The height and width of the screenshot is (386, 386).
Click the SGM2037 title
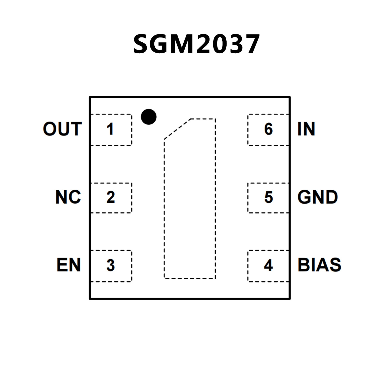click(x=196, y=44)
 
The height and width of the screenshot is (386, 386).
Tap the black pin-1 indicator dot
click(x=149, y=117)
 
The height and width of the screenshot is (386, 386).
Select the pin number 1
click(x=110, y=129)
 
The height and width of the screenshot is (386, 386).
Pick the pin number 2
click(x=111, y=197)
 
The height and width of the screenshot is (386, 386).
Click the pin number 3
click(x=111, y=265)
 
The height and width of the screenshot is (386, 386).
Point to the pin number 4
click(x=268, y=265)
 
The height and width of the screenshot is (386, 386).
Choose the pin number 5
click(x=269, y=197)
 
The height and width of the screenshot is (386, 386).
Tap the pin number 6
click(x=269, y=129)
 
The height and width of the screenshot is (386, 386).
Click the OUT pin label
click(x=62, y=129)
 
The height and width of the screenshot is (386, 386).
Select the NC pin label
click(x=68, y=197)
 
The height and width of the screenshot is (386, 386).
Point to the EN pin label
click(x=69, y=265)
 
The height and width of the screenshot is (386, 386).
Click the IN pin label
click(x=306, y=129)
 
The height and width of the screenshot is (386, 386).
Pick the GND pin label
click(x=318, y=197)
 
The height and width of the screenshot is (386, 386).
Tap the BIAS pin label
click(x=319, y=265)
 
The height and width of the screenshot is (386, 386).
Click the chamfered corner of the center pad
click(x=177, y=129)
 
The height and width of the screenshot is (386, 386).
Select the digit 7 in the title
click(x=250, y=44)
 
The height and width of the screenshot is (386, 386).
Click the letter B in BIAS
click(x=303, y=265)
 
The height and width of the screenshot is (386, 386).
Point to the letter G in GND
click(x=304, y=197)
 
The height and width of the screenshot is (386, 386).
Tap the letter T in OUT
click(x=76, y=129)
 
